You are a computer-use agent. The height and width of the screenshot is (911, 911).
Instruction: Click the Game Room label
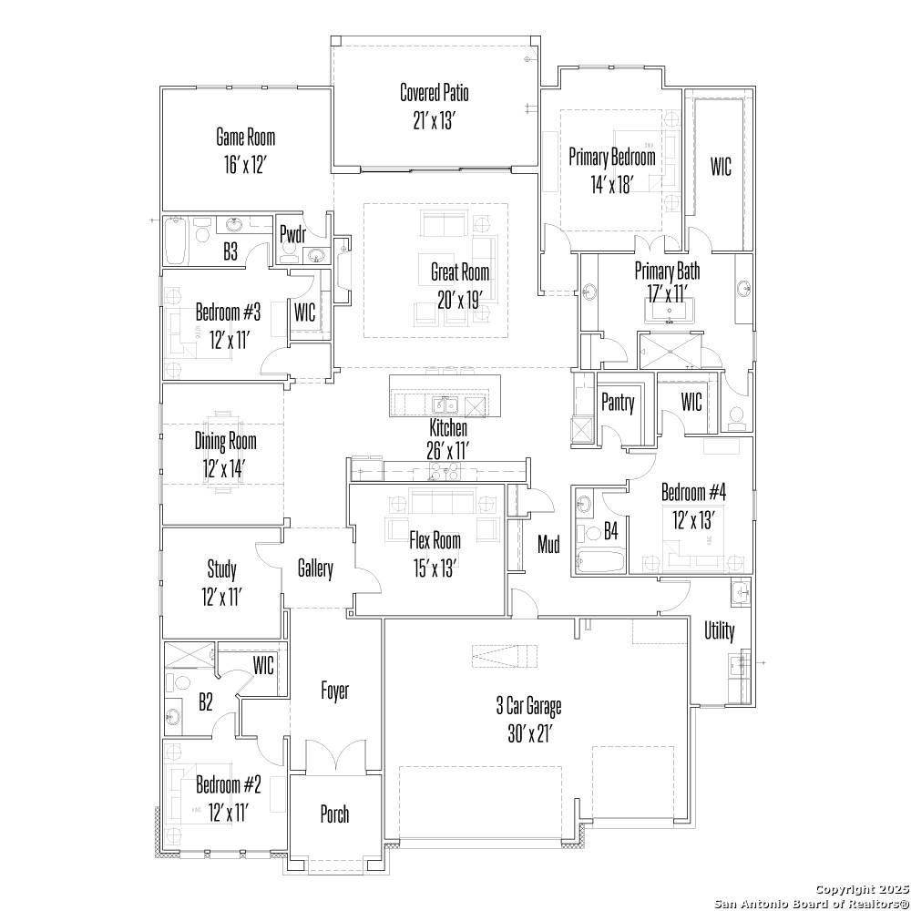(x=245, y=138)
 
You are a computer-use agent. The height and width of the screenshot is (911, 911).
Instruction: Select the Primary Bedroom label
(x=612, y=157)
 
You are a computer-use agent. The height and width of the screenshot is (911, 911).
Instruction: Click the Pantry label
(x=618, y=403)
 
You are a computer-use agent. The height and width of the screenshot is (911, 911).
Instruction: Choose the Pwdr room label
(x=293, y=232)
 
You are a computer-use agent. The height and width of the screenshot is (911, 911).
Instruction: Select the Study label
(x=221, y=570)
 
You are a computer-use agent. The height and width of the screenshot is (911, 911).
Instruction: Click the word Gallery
(x=315, y=569)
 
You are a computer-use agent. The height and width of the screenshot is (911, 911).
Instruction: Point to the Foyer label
(x=334, y=691)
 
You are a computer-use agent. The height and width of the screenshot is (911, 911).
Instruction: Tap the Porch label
(x=334, y=814)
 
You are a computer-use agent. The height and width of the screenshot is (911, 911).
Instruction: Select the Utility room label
(x=719, y=630)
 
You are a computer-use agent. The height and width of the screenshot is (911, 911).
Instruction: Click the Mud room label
(x=548, y=545)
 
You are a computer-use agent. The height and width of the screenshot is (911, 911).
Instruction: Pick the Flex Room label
(x=435, y=539)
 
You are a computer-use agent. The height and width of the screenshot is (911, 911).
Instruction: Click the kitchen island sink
(x=444, y=405)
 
